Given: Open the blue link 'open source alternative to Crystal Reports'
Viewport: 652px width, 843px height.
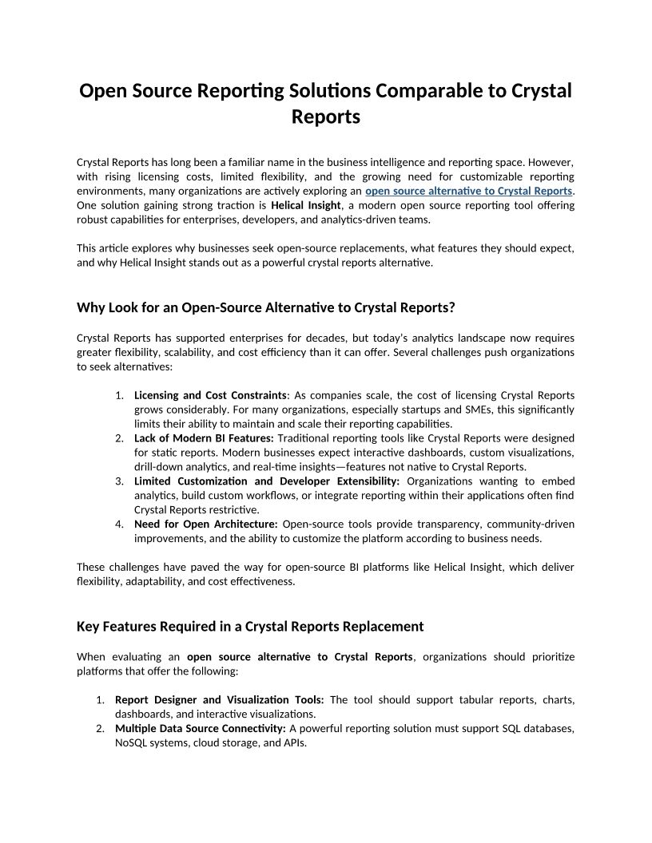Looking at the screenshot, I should coord(468,191).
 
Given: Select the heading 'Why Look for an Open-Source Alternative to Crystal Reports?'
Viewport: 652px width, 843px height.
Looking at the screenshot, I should coord(265,307).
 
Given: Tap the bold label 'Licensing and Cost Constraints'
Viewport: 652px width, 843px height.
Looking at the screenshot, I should coord(210,395).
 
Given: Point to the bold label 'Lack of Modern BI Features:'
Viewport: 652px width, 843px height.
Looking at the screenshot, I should coord(204,438).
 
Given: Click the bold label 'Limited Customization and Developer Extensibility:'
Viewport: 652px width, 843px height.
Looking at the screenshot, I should coord(267,481).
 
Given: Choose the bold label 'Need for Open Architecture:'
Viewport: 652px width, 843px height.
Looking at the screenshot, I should coord(205,524).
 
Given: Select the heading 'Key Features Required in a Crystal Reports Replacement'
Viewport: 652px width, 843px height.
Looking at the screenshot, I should coord(250,626).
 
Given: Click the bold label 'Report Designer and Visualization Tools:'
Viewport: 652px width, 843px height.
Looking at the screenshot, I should coord(220,700).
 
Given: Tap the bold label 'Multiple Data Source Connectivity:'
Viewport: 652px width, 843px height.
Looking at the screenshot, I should coord(201,729).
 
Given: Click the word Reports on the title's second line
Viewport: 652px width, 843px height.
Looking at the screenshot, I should coord(326,117).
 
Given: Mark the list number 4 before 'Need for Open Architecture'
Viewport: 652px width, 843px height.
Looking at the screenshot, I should coord(118,524).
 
